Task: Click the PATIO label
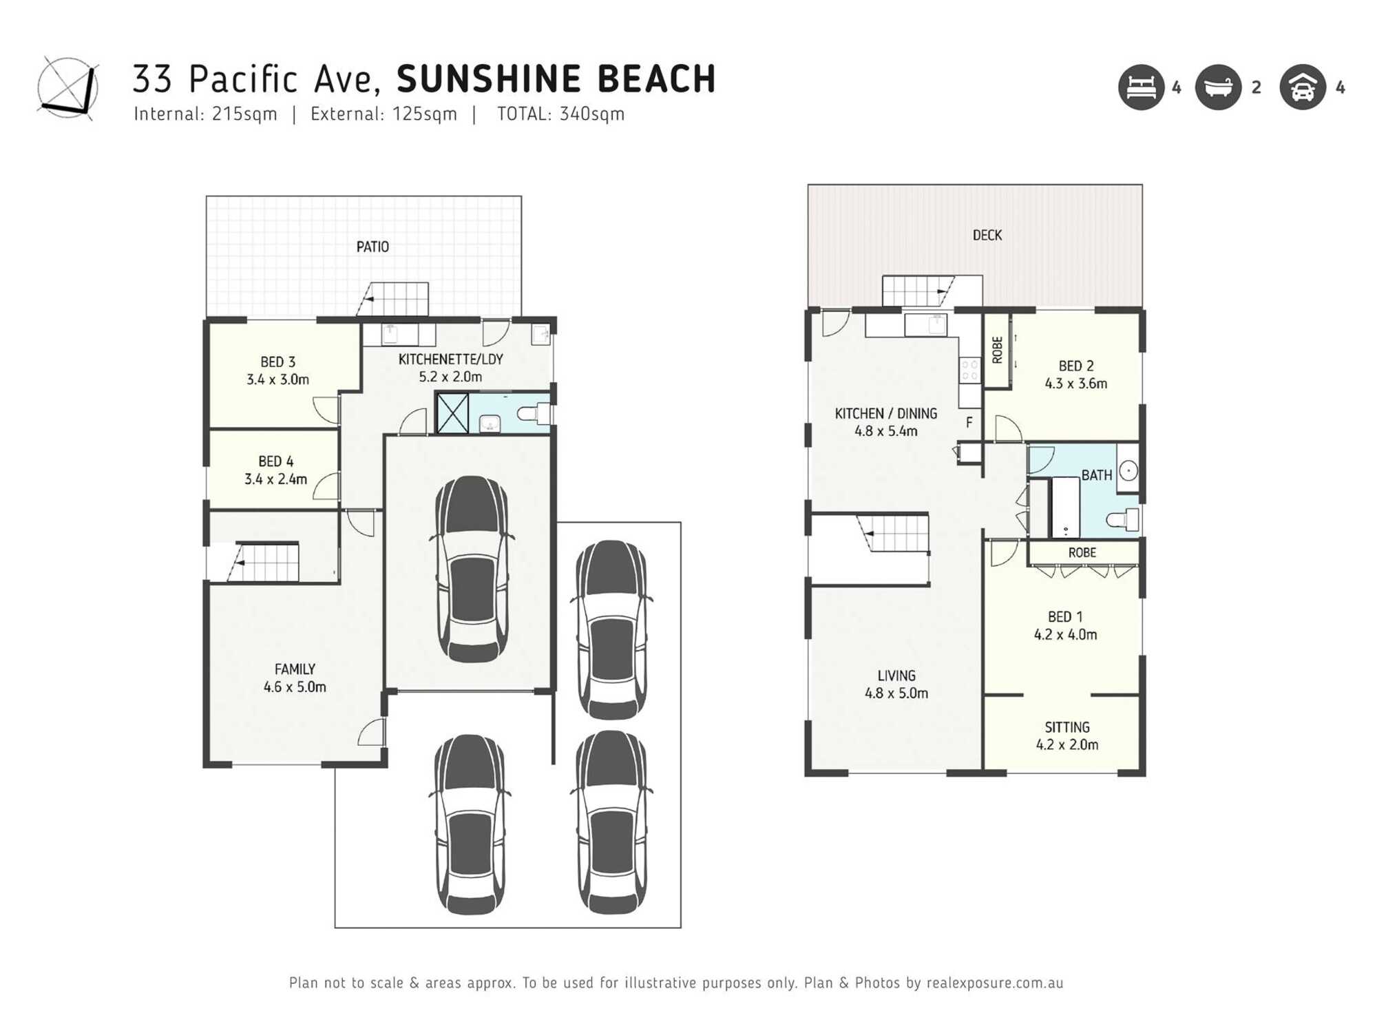pyautogui.click(x=372, y=247)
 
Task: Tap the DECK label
pyautogui.click(x=987, y=235)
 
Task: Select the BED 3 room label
pyautogui.click(x=277, y=362)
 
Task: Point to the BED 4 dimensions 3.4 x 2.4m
pyautogui.click(x=275, y=479)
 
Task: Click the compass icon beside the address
pyautogui.click(x=67, y=88)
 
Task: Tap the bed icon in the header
pyautogui.click(x=1141, y=87)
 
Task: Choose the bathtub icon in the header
pyautogui.click(x=1218, y=87)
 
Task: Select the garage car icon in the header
pyautogui.click(x=1302, y=87)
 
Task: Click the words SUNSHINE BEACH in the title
pyautogui.click(x=556, y=79)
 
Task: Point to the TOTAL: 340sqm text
pyautogui.click(x=560, y=114)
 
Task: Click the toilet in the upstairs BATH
pyautogui.click(x=1124, y=519)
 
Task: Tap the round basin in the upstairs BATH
pyautogui.click(x=1128, y=471)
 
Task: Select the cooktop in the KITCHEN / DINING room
pyautogui.click(x=969, y=370)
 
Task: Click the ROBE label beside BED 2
pyautogui.click(x=997, y=350)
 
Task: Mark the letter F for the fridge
pyautogui.click(x=969, y=422)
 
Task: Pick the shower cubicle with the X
pyautogui.click(x=452, y=413)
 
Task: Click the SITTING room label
pyautogui.click(x=1066, y=727)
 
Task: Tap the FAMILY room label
pyautogui.click(x=295, y=669)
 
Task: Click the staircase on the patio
pyautogui.click(x=394, y=299)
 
